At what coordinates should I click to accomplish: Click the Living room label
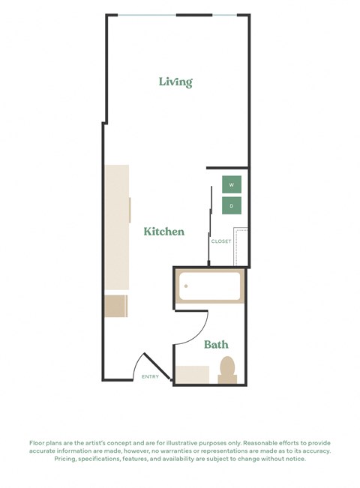(x=175, y=82)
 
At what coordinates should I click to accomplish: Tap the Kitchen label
(x=164, y=232)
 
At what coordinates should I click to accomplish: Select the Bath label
(x=216, y=345)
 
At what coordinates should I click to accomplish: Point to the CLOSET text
(x=221, y=241)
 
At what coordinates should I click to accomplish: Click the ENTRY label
(x=150, y=376)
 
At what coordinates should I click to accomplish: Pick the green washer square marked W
(x=232, y=184)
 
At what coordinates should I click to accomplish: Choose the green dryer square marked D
(x=232, y=205)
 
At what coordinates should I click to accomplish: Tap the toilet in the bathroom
(x=227, y=370)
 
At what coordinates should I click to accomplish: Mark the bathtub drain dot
(x=185, y=286)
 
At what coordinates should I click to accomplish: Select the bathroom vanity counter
(x=192, y=374)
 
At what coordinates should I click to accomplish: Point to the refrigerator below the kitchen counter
(x=115, y=306)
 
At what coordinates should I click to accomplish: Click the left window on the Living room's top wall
(x=147, y=15)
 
